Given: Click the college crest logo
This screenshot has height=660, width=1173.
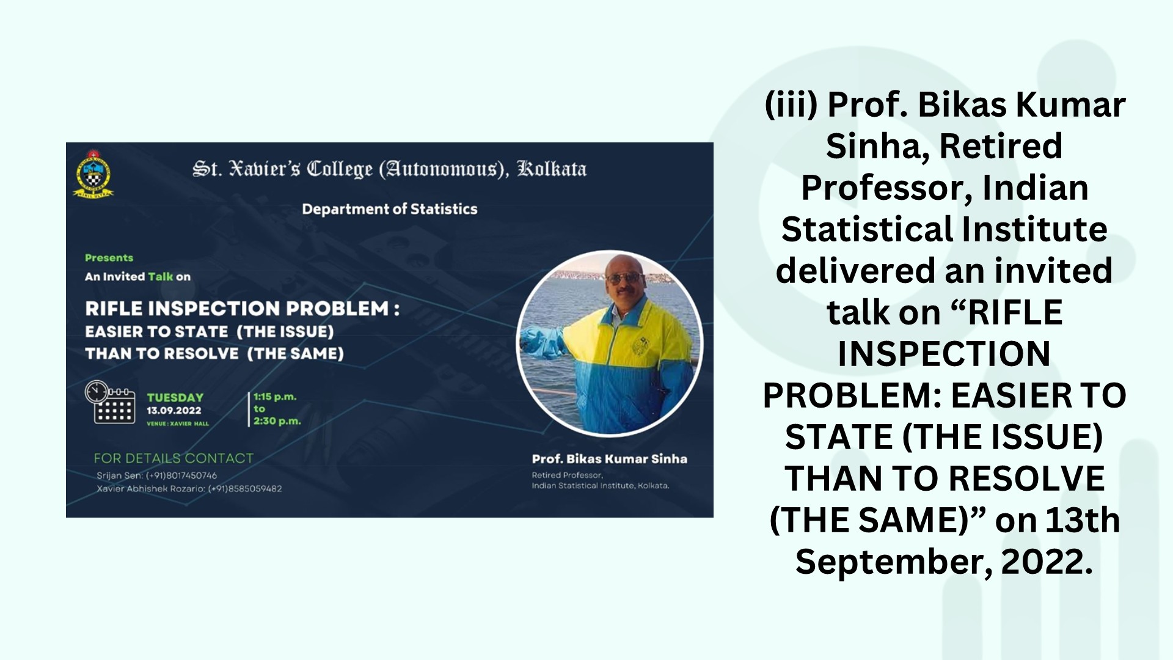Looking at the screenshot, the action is (93, 174).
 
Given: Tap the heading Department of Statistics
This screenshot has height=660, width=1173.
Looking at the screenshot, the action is (390, 209).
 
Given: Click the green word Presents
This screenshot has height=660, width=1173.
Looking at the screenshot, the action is (109, 258).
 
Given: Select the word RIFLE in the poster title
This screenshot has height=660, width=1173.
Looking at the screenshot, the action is (112, 309).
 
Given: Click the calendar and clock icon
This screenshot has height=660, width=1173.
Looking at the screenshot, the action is (110, 402).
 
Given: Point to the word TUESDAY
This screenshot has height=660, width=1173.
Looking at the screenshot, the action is (175, 397).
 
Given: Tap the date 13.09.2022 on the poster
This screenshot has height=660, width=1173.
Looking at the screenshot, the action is (174, 411).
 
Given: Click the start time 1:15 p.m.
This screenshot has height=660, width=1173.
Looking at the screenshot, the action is (275, 397).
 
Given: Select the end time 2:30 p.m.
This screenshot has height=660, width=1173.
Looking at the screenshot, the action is (277, 421).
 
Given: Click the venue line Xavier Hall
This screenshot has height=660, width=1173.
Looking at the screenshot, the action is (178, 424).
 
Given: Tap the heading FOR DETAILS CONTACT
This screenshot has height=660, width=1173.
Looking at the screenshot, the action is (174, 458).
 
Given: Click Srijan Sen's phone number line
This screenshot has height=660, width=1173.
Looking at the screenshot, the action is (156, 475).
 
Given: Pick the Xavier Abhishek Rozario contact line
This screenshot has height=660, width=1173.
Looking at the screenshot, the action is (189, 489).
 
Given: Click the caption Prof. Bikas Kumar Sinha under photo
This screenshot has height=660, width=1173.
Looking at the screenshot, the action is (609, 459).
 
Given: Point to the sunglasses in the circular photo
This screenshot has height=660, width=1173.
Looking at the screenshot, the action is (623, 279).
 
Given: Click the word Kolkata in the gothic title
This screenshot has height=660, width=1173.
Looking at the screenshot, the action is (552, 169).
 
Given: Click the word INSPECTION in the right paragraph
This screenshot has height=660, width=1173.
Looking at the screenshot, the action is (944, 354).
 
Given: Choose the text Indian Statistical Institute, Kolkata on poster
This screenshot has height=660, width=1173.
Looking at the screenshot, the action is (601, 486).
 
